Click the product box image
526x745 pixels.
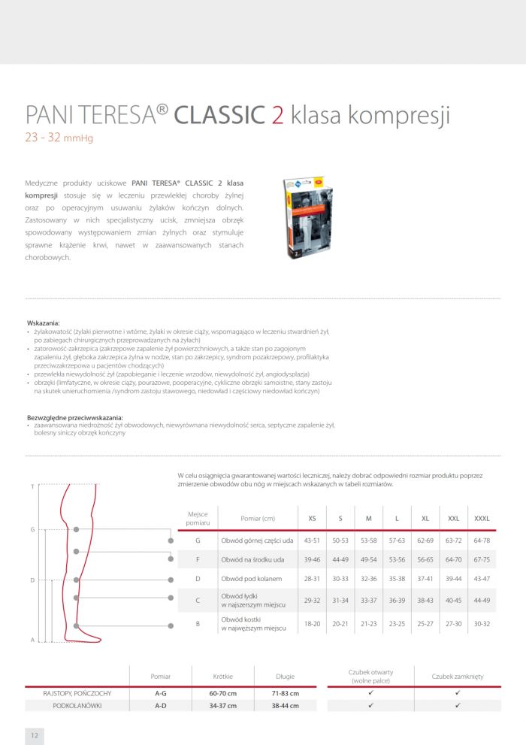coord(307,219)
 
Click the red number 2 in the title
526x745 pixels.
coord(277,115)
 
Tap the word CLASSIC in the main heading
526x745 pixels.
coord(219,115)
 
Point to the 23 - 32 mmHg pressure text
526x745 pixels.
coord(59,138)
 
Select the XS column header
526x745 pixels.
coord(312,518)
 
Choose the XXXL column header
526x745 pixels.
coord(482,518)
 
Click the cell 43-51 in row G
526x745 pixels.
coord(312,541)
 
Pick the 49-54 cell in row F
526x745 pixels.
coord(368,559)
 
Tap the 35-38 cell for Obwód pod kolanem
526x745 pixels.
coord(397,578)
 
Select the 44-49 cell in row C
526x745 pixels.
coord(482,601)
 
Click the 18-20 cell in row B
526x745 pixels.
coord(312,623)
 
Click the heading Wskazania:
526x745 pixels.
coord(43,323)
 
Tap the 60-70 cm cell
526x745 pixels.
coord(223,692)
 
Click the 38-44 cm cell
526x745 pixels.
coord(284,706)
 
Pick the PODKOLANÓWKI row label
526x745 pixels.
coord(78,706)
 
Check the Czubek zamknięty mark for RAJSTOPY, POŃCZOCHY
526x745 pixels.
coord(458,692)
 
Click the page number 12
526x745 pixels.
coord(34,733)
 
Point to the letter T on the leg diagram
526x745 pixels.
coord(32,486)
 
